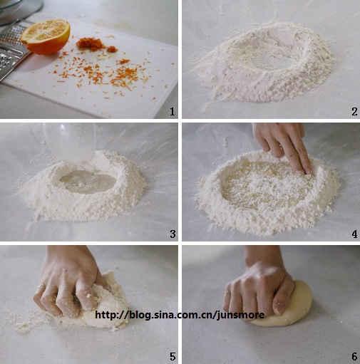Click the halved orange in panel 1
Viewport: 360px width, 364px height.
46,37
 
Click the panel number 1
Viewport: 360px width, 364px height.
173,111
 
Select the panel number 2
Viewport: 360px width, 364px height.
354,111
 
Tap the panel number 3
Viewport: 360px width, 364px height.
173,234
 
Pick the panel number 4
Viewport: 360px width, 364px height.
354,234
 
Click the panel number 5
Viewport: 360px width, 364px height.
173,357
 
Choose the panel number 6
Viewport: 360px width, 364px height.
354,357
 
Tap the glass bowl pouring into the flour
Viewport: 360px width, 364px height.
70,142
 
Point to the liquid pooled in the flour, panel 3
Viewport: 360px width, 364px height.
88,182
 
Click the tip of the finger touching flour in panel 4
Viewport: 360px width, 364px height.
308,171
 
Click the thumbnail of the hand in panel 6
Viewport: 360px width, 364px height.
279,308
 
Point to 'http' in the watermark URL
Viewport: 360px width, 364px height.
106,315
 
